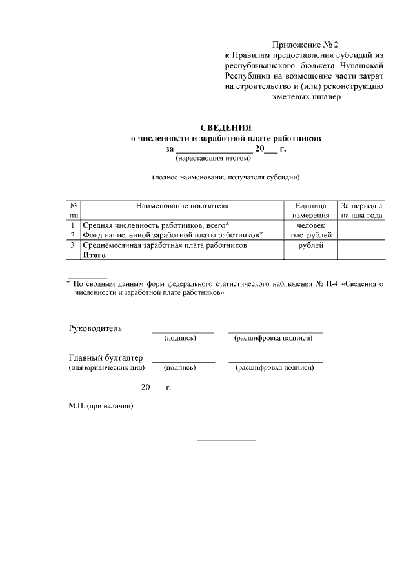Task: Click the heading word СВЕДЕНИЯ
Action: point(225,128)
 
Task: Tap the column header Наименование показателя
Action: point(183,206)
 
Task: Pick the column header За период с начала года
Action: point(362,210)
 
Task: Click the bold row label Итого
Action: point(94,255)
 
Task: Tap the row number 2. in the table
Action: point(74,235)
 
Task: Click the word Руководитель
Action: point(95,328)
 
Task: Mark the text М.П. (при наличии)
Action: point(101,407)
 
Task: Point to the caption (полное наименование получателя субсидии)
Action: point(226,176)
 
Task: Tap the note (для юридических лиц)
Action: point(106,368)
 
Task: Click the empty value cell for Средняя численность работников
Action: point(362,225)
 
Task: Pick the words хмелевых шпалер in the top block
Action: point(307,97)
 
